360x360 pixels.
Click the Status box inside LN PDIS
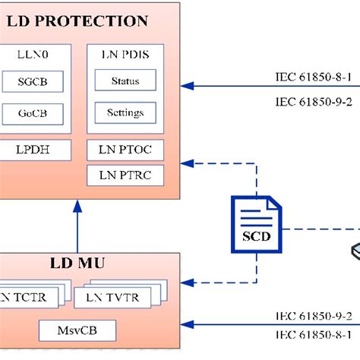[125, 81]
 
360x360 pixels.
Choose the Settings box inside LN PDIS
[125, 113]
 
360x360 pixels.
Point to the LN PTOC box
[125, 150]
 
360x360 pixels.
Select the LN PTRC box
[125, 175]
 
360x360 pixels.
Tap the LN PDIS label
[125, 55]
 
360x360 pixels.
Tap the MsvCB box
[78, 330]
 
